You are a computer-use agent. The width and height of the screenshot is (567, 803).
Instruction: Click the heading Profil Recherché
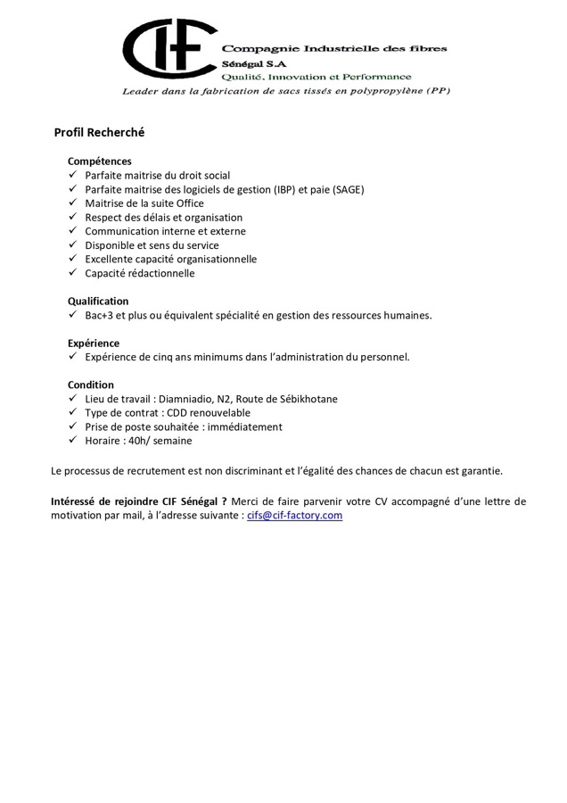tap(99, 133)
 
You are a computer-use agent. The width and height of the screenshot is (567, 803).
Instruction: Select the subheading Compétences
tap(99, 161)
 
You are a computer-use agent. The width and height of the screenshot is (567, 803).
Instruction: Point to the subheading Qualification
tap(98, 302)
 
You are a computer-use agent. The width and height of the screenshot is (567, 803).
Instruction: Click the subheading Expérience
tap(94, 344)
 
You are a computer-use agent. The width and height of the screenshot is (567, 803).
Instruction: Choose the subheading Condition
tap(91, 385)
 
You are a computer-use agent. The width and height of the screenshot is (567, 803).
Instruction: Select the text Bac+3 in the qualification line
tap(99, 316)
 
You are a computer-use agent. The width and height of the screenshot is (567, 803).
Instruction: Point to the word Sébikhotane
tap(305, 400)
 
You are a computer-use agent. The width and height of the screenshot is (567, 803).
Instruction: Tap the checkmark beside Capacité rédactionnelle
tap(73, 273)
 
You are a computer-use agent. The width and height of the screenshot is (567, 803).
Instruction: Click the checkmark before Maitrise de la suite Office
tap(73, 203)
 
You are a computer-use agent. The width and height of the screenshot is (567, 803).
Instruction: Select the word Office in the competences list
tap(190, 203)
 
